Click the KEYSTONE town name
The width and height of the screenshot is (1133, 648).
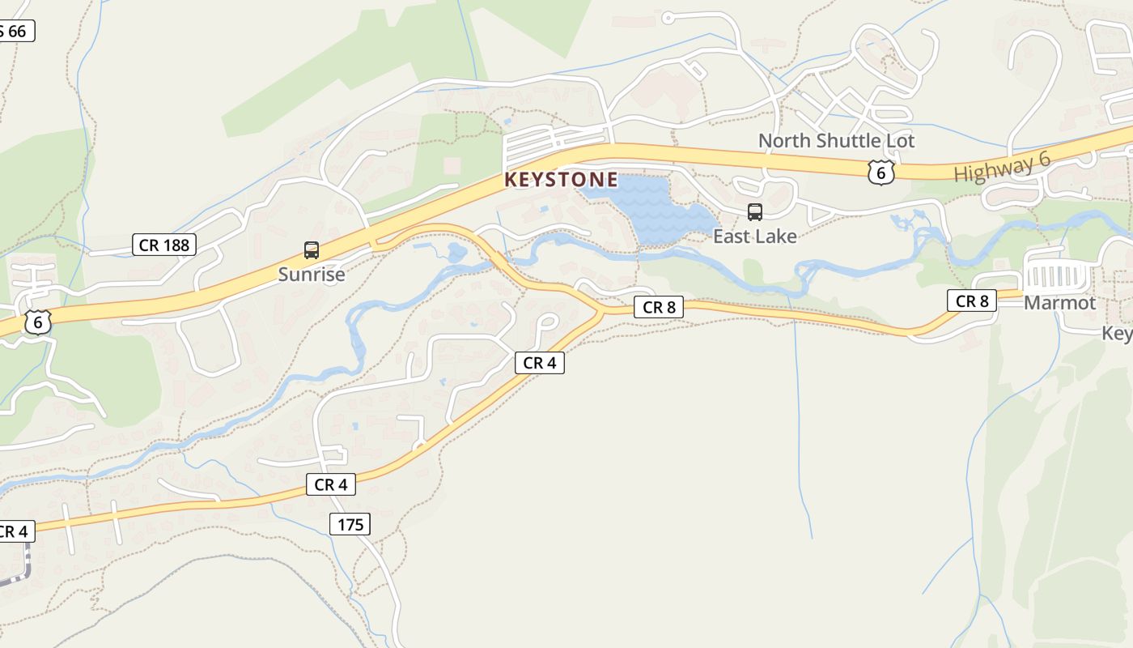[561, 180]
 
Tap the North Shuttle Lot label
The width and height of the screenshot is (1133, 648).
[836, 141]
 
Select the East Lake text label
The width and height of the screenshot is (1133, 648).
[754, 237]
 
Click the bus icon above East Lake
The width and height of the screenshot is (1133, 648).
[755, 212]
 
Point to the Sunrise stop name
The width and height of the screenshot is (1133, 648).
[312, 275]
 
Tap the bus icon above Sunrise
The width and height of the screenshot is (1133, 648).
[312, 250]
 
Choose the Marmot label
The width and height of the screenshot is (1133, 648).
[1059, 303]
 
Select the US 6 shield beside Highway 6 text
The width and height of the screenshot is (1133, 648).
[881, 172]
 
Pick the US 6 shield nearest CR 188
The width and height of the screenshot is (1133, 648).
[37, 322]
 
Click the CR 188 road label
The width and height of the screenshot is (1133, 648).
[164, 245]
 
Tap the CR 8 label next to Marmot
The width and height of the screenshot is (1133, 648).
[972, 301]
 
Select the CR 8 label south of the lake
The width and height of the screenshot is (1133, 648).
[659, 307]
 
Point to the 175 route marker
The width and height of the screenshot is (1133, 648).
[350, 524]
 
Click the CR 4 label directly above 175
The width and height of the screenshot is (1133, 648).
[331, 484]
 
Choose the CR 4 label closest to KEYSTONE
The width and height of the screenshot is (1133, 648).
[539, 363]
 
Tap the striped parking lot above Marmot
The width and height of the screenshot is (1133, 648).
[1056, 276]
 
